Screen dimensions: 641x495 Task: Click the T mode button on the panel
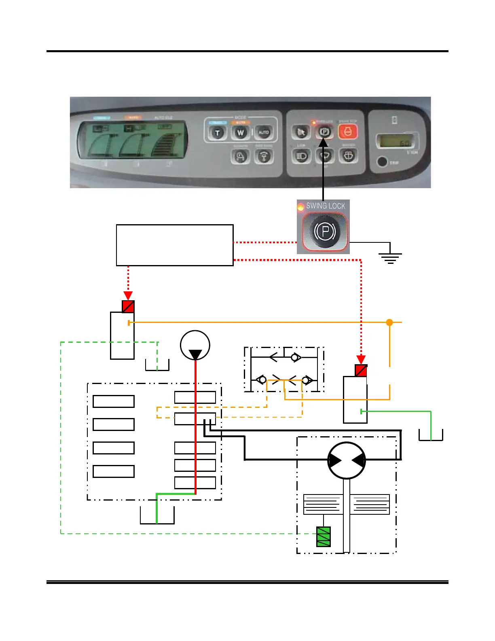[218, 133]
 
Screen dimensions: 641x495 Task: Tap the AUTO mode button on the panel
[264, 132]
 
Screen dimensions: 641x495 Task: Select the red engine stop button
[348, 132]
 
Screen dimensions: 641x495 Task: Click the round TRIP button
[381, 162]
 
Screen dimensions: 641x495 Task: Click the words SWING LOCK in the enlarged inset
[326, 206]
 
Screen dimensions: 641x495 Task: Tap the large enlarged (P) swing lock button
[325, 231]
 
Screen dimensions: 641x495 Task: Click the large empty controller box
[175, 245]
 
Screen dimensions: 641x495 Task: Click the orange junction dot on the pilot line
[389, 323]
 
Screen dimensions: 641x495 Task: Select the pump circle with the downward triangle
[195, 346]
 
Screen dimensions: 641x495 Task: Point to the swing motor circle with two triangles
[347, 461]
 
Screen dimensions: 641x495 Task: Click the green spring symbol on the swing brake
[323, 537]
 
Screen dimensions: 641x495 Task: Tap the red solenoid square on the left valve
[128, 306]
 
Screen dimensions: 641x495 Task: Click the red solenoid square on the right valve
[361, 371]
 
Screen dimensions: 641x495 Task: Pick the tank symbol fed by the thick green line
[157, 516]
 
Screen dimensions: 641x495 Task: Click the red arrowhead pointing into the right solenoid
[361, 359]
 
